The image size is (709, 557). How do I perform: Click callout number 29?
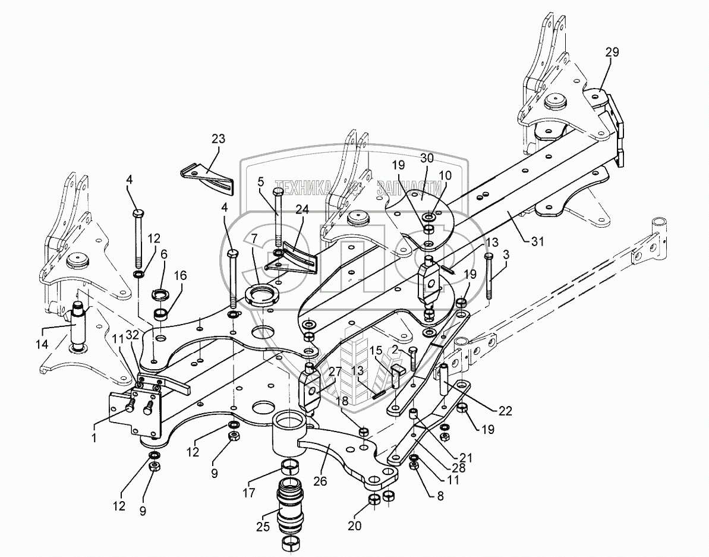click(612, 52)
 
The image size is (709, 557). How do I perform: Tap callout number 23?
click(218, 139)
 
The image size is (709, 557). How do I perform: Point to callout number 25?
click(262, 526)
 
